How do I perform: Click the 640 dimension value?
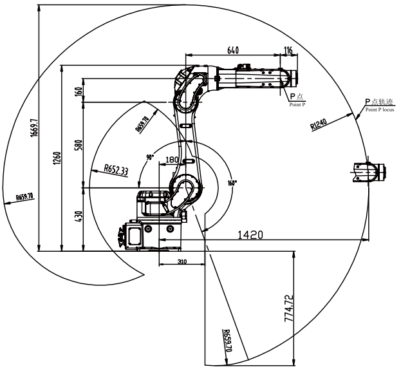tap(233, 50)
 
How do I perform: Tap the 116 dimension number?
tap(287, 50)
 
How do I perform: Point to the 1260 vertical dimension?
tap(57, 157)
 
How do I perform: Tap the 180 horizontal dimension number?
tap(172, 160)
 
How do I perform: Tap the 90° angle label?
tap(150, 157)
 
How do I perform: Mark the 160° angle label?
tap(232, 182)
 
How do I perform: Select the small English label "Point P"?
tap(297, 104)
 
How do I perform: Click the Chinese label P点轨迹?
tap(378, 102)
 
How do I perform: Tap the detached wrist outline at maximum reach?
tap(369, 172)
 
